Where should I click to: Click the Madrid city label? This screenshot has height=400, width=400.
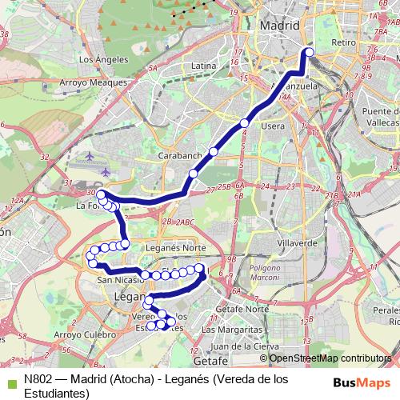tap(280, 26)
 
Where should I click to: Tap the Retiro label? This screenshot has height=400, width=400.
tap(342, 42)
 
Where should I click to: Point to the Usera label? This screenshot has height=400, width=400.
tap(273, 126)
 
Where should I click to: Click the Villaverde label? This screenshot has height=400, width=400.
tap(292, 242)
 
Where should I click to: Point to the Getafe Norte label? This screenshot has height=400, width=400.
tap(245, 308)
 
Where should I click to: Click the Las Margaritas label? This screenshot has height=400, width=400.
tap(231, 329)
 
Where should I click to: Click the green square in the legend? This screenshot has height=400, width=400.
tap(6, 381)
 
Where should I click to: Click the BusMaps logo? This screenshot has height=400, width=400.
tap(364, 382)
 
